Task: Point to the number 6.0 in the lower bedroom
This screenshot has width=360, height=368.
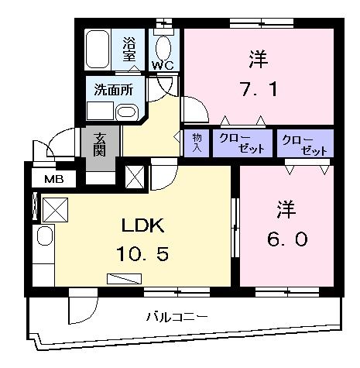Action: point(286,239)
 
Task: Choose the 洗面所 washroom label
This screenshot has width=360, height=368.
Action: point(113,89)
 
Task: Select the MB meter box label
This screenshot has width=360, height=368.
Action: point(53,181)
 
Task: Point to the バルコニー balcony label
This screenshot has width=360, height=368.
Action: point(177,316)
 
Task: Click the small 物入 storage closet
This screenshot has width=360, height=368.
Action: point(196,143)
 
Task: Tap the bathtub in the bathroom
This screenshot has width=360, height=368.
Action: point(99,50)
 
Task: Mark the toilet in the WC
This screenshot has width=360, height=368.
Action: point(164,43)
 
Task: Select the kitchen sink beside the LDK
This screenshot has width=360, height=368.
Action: point(43,238)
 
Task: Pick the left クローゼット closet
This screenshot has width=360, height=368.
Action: point(242,143)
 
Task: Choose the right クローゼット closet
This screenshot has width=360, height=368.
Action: point(304,144)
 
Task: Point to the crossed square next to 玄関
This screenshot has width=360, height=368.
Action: point(132,177)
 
